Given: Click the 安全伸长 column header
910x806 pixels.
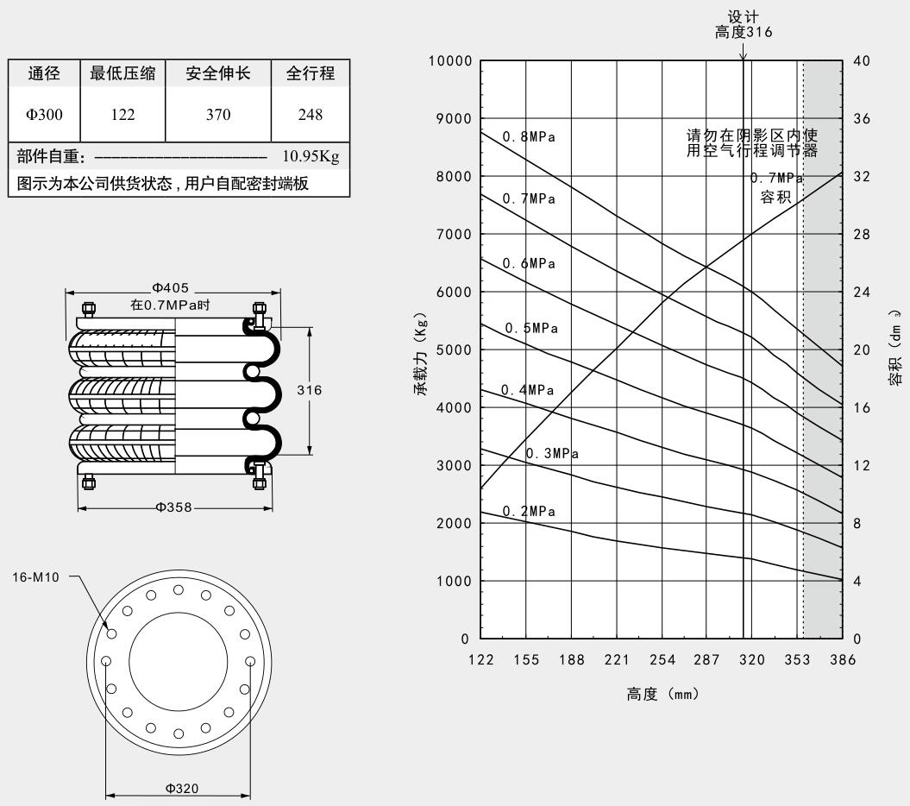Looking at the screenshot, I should point(217,74).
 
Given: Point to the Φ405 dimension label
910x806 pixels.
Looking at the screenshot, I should point(172,288).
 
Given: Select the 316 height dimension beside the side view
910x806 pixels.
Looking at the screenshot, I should point(309,390).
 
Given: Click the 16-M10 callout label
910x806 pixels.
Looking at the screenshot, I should point(35,577).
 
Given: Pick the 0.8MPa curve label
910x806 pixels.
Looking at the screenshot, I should point(530,136).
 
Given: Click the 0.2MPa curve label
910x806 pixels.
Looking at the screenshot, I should point(530,512).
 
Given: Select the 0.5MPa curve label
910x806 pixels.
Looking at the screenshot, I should point(531,328).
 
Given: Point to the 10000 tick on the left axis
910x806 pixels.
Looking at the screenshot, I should point(449,61).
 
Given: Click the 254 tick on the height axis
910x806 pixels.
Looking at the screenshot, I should point(662,660).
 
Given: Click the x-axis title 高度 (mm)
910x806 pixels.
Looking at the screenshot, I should point(662,694).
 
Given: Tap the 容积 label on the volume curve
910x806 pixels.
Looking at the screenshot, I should point(775,198).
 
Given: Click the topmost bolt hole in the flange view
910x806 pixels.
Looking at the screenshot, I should point(179,590).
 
